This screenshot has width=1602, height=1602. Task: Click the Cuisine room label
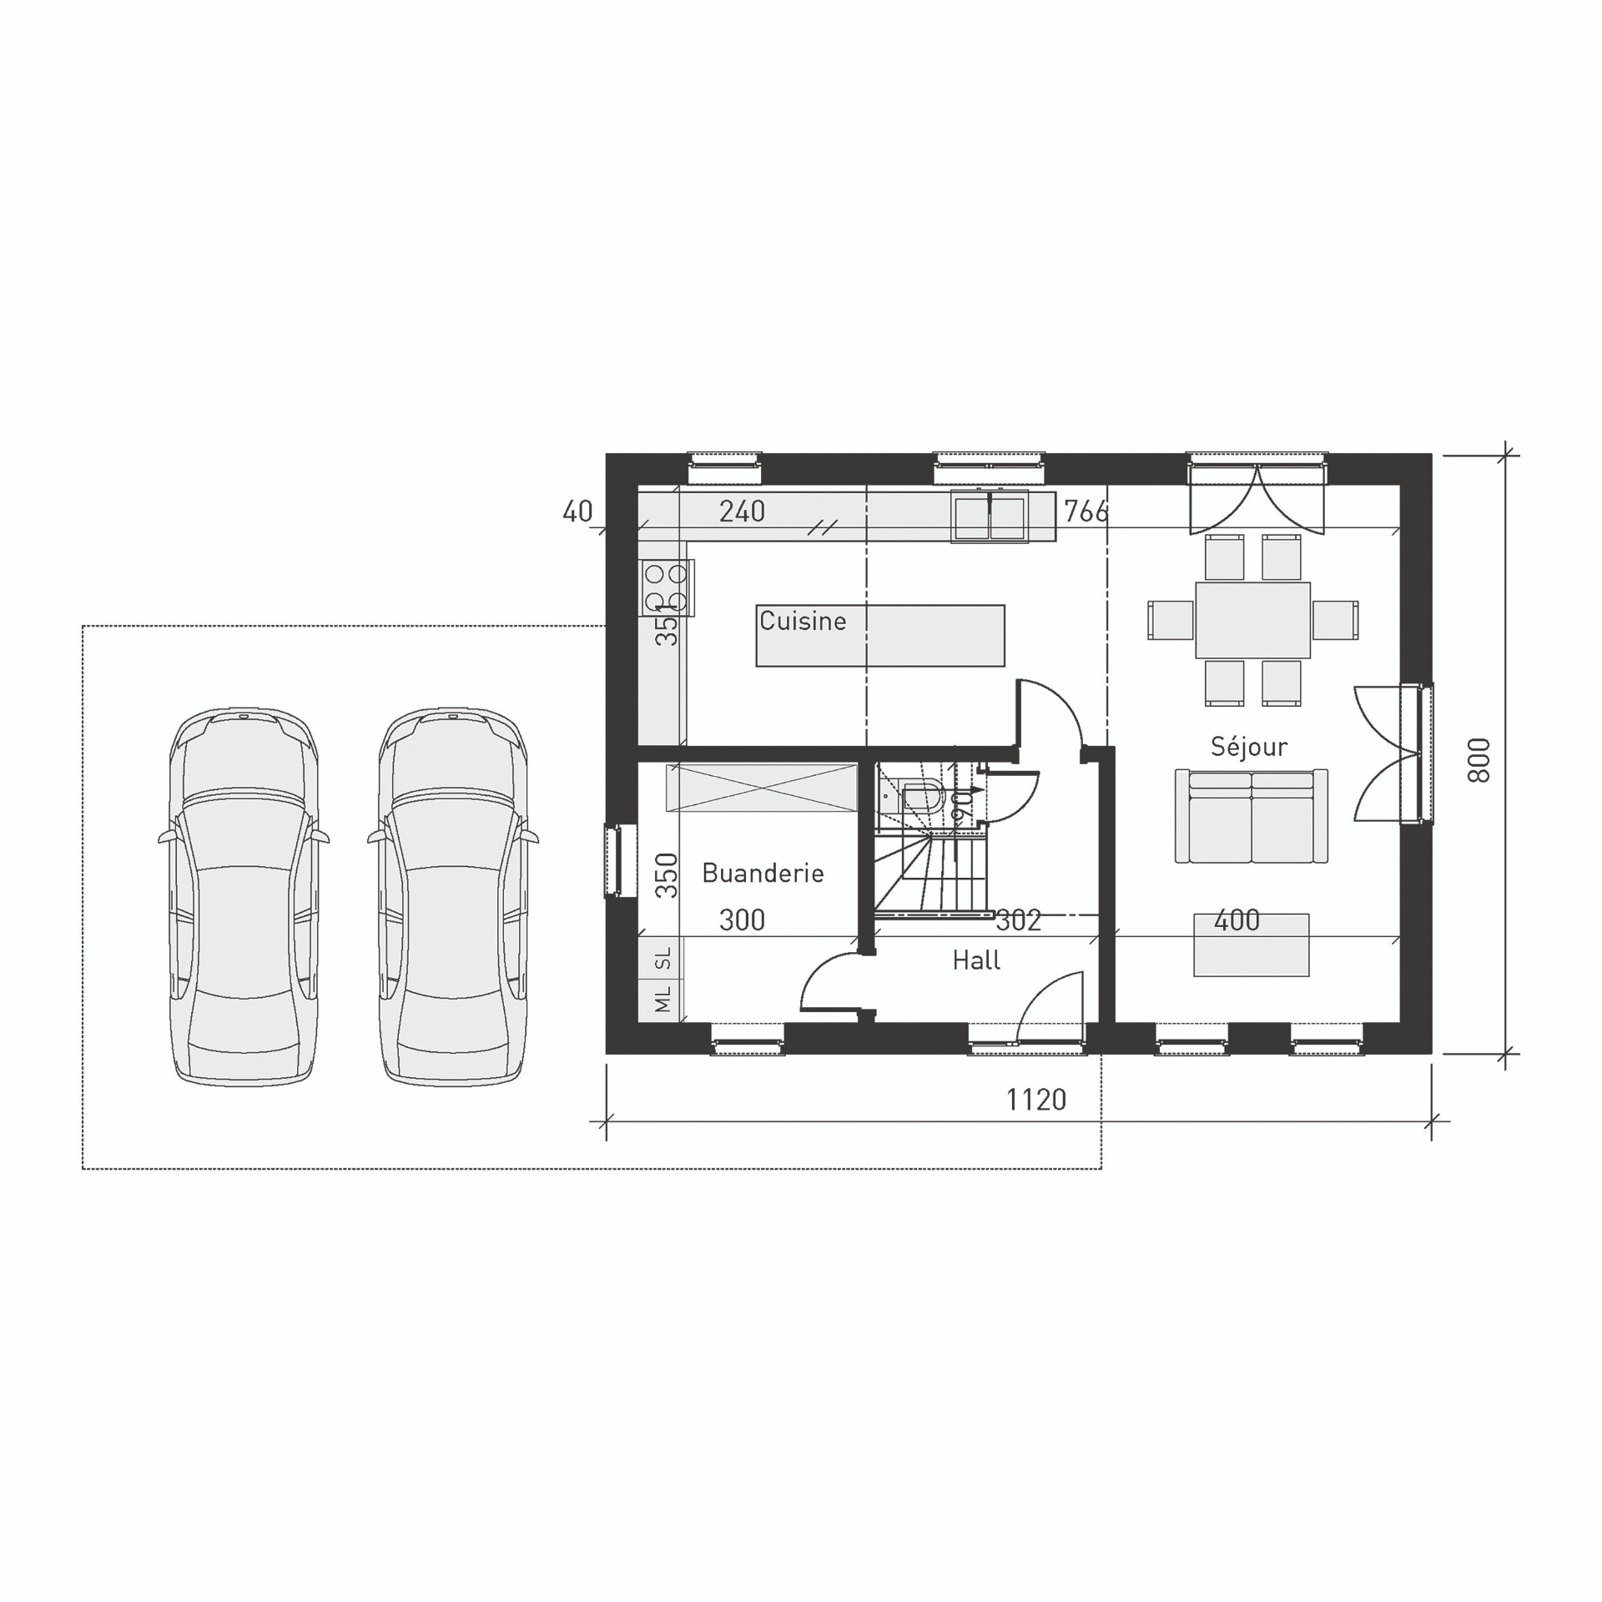tap(803, 621)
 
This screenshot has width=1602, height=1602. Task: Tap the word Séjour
tap(1248, 746)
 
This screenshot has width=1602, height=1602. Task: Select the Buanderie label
tap(763, 873)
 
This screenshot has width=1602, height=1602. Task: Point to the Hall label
tap(976, 960)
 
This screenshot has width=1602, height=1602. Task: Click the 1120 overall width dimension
tap(1035, 1100)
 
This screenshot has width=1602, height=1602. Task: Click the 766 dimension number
tap(1086, 511)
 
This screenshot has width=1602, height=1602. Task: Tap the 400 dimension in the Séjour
tap(1237, 920)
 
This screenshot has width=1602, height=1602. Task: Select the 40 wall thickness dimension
tap(577, 511)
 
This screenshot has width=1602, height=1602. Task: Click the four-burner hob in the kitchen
tap(666, 587)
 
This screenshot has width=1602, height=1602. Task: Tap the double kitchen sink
tap(990, 517)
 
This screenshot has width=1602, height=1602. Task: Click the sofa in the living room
tap(1251, 817)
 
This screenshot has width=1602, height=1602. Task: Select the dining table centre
tap(1252, 620)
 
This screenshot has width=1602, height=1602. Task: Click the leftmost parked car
tap(243, 897)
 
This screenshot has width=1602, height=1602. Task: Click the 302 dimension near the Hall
tap(1018, 920)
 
